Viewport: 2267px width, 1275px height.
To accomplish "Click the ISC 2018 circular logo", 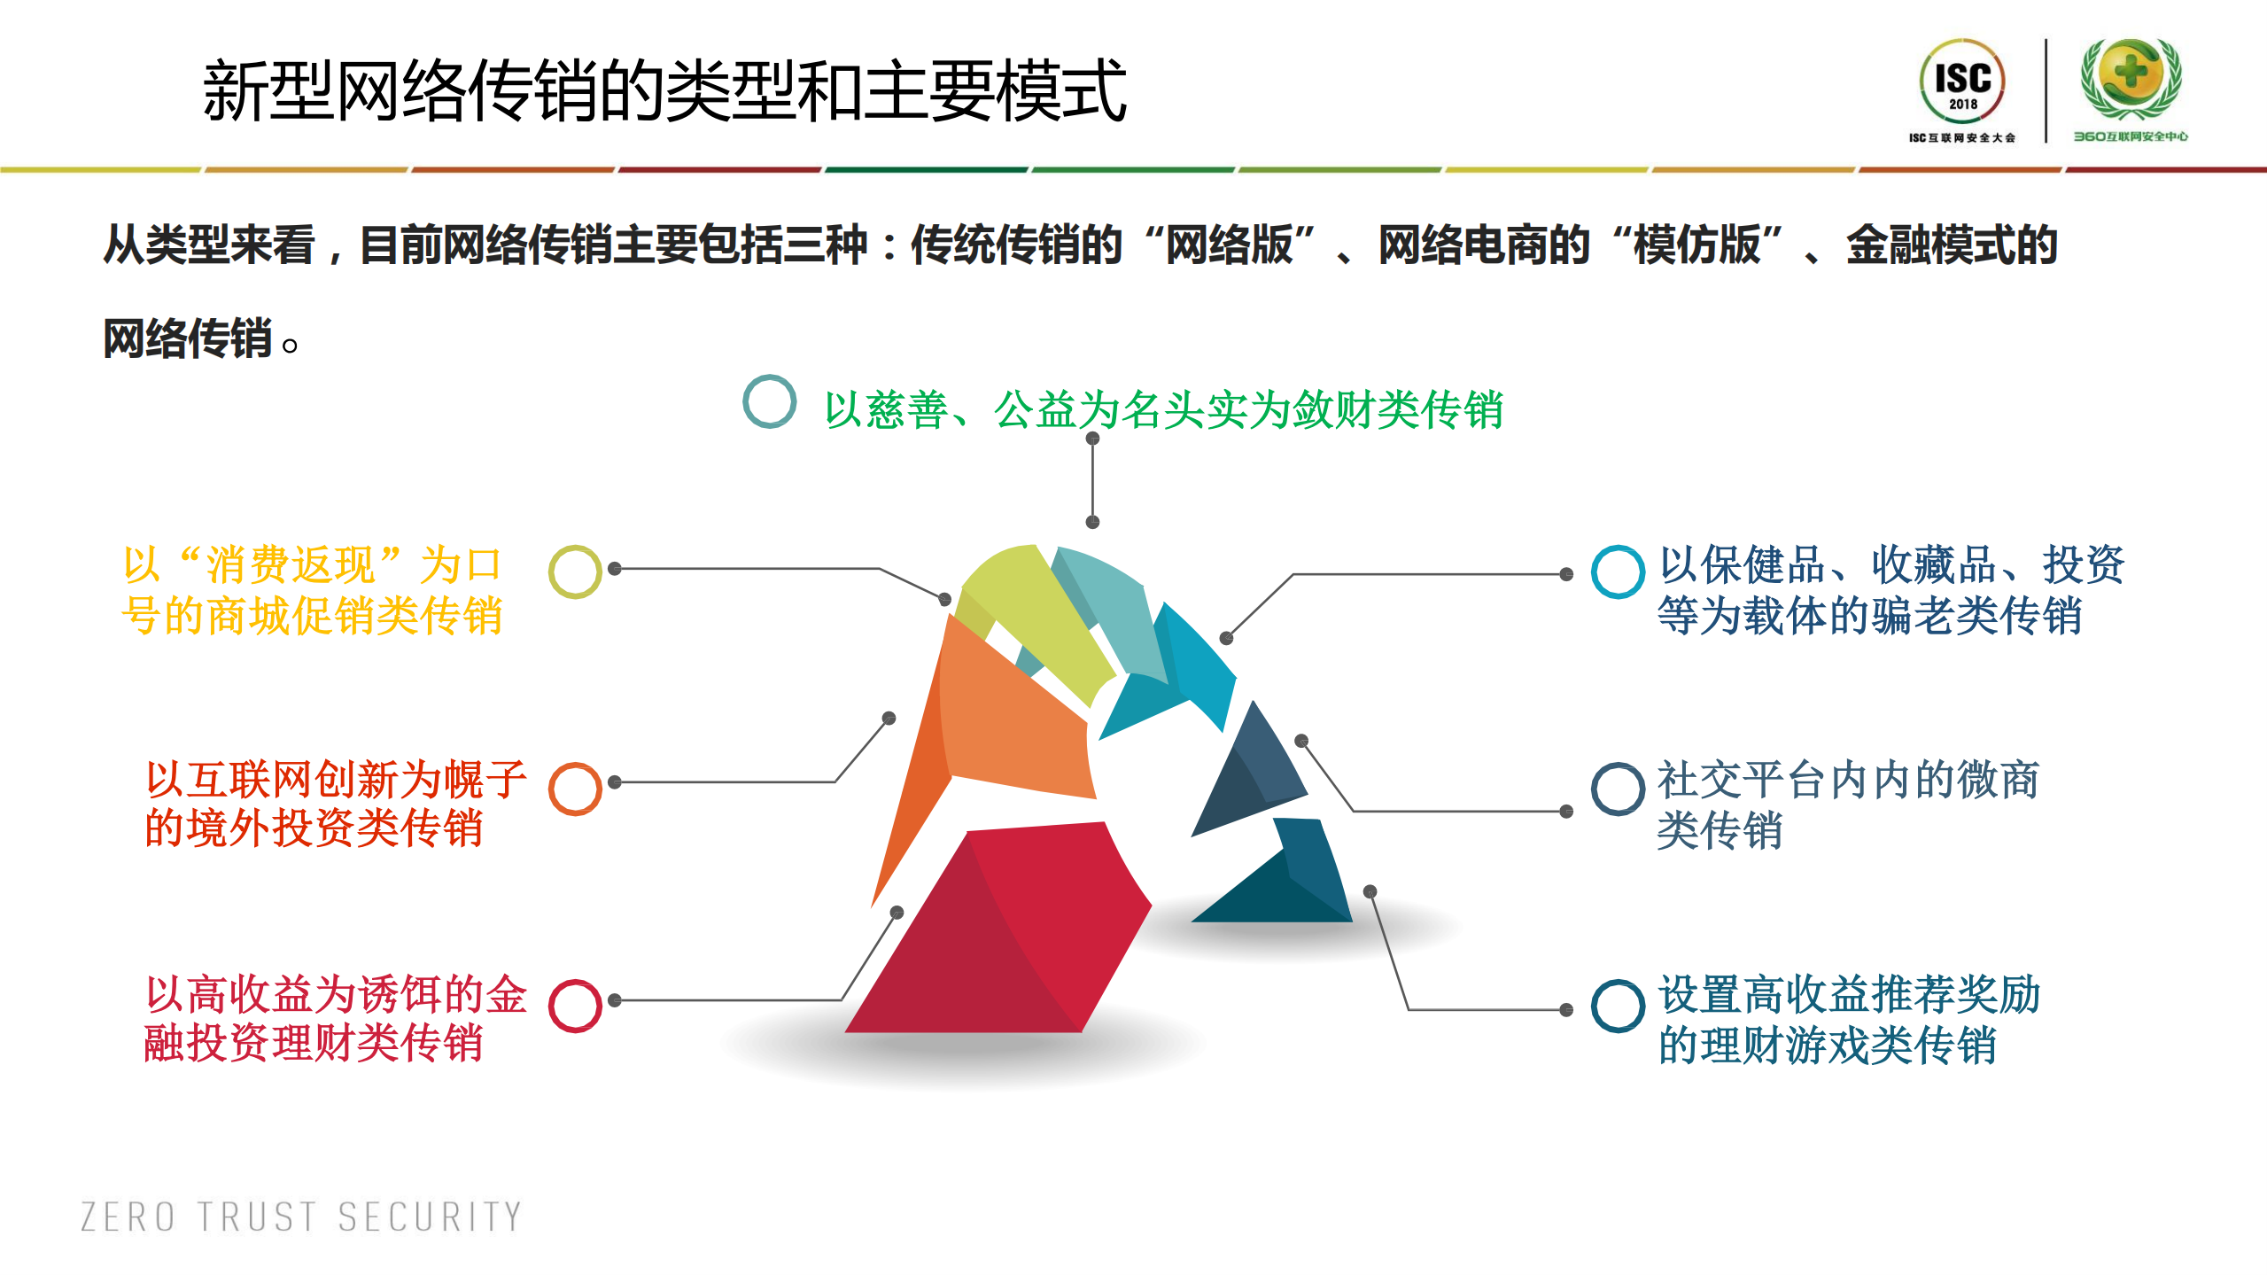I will (1961, 82).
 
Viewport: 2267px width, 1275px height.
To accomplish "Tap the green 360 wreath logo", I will (2131, 78).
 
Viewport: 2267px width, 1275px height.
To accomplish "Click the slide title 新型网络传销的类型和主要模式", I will (664, 90).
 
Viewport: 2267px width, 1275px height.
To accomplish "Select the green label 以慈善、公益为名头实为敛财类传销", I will (1163, 410).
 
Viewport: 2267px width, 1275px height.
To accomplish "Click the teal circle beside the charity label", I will (769, 401).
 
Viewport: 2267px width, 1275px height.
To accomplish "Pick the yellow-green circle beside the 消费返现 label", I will (575, 571).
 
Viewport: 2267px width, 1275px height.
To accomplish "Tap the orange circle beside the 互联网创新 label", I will (575, 789).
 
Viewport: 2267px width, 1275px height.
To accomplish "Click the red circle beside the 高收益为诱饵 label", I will (575, 1006).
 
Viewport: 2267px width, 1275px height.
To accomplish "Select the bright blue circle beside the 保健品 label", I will (1618, 571).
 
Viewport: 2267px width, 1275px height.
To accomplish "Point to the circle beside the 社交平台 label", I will (1618, 789).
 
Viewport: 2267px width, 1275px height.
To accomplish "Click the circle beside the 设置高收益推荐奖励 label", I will (1618, 1006).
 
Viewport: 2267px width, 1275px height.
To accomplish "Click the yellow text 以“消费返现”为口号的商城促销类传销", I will (312, 590).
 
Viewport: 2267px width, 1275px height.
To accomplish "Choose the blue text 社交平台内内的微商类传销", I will (1847, 805).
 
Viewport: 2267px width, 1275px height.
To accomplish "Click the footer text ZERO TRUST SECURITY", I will (301, 1217).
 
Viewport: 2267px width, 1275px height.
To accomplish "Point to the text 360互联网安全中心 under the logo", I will (2130, 136).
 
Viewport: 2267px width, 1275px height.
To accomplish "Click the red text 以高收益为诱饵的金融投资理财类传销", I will (335, 1019).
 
